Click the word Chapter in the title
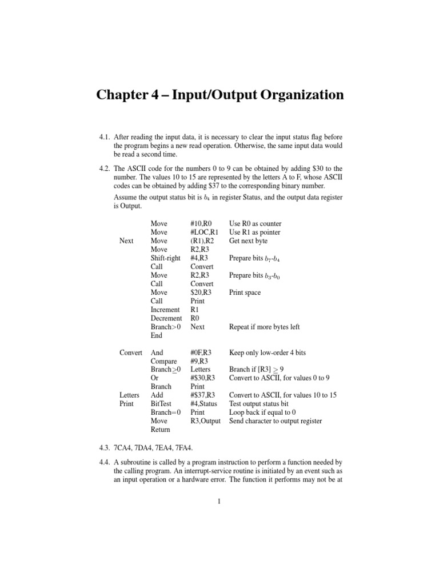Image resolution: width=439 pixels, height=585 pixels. pos(127,94)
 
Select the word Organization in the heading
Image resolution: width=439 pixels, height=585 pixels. pos(299,94)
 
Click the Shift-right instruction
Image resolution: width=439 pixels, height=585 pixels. pos(165,258)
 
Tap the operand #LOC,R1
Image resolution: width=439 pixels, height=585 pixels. pos(205,232)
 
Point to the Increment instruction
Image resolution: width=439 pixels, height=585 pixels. pos(165,310)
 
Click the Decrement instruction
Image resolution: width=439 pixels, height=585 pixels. pos(166,318)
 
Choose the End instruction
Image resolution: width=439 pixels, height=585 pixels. pos(157,335)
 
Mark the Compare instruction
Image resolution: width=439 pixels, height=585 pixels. pos(163,361)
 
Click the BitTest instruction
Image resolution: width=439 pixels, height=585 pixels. pos(162,404)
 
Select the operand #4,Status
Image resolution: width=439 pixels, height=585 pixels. pos(205,404)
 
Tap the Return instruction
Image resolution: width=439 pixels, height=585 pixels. pos(161,430)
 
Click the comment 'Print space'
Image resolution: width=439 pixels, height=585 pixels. pos(245,292)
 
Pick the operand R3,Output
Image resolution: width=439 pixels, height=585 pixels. pos(206,421)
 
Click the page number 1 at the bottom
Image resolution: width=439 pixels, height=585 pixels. pos(219,502)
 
